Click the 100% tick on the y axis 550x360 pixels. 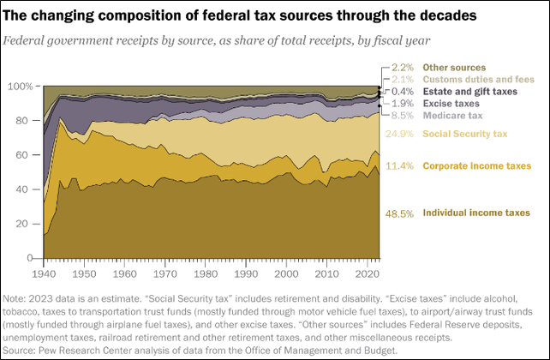coord(19,87)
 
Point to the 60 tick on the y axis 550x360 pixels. coord(24,155)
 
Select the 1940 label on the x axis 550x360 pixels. coord(43,273)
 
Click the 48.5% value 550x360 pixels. coord(400,213)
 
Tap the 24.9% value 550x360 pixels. coord(400,134)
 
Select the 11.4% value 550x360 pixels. coord(400,165)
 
